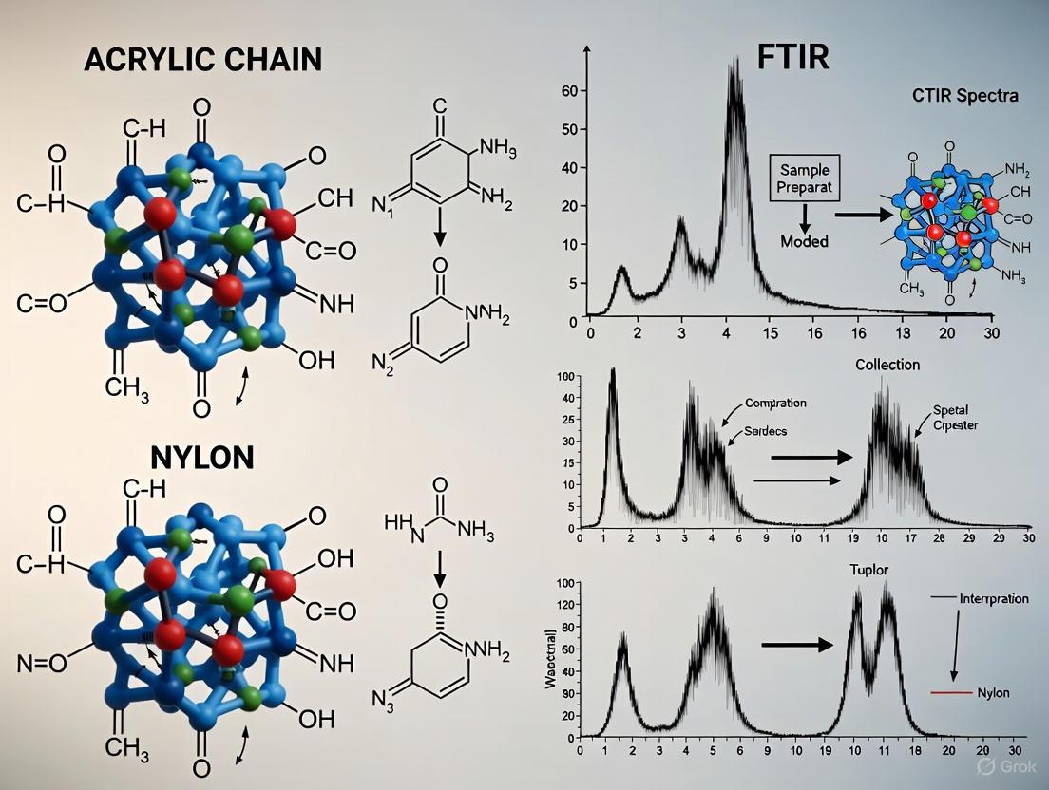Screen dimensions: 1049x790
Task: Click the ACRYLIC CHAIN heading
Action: click(202, 59)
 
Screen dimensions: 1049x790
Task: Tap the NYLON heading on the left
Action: click(202, 457)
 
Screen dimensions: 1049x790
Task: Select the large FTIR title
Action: click(793, 56)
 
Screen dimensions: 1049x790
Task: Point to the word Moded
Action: click(804, 241)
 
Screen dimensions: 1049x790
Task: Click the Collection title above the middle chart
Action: click(887, 365)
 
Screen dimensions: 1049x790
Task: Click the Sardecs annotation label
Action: click(772, 430)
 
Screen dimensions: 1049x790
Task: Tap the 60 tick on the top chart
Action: click(570, 90)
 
